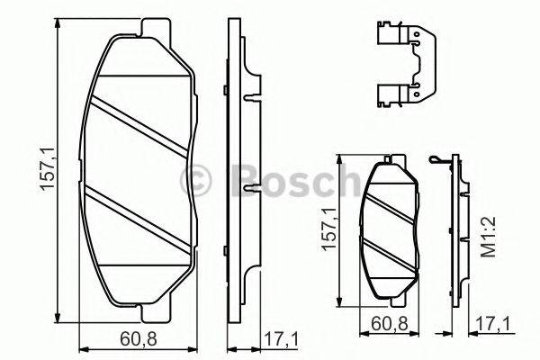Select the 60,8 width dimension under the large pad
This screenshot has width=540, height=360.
[139, 339]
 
